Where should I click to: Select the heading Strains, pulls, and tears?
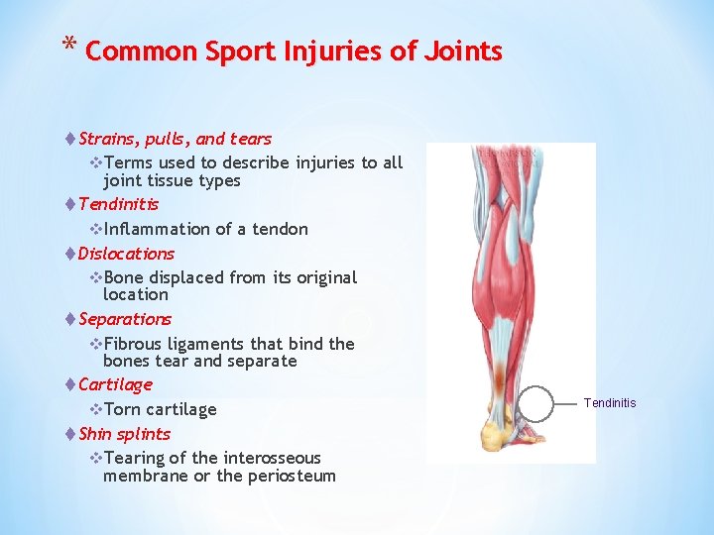(x=175, y=139)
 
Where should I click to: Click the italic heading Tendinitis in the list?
(x=118, y=204)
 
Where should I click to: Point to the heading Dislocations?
(x=126, y=254)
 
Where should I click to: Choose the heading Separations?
(x=125, y=319)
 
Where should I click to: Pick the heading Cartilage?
(x=115, y=384)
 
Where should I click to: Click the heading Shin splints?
(x=124, y=434)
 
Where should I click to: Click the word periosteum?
(x=288, y=476)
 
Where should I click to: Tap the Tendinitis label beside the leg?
(x=610, y=403)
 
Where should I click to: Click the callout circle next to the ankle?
(x=536, y=403)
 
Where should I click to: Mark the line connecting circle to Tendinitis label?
(x=568, y=403)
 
